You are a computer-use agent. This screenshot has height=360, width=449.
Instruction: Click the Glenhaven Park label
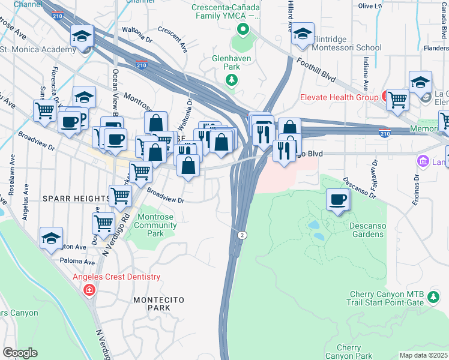tap(231, 64)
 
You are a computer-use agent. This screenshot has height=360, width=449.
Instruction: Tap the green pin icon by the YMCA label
tap(243, 29)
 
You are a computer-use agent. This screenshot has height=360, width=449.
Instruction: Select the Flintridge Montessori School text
tap(343, 47)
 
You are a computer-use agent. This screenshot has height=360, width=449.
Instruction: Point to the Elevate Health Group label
tap(339, 97)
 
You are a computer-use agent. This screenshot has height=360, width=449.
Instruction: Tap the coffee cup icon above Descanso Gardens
tap(338, 200)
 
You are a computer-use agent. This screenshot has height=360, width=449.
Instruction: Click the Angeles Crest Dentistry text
tap(116, 277)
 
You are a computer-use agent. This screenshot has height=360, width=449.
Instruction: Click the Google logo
tap(20, 353)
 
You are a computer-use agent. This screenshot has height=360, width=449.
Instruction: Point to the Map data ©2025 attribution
tap(423, 355)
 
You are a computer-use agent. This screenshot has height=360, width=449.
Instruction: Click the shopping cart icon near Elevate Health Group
tap(397, 100)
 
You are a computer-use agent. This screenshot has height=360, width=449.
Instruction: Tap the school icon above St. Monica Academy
tap(82, 36)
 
